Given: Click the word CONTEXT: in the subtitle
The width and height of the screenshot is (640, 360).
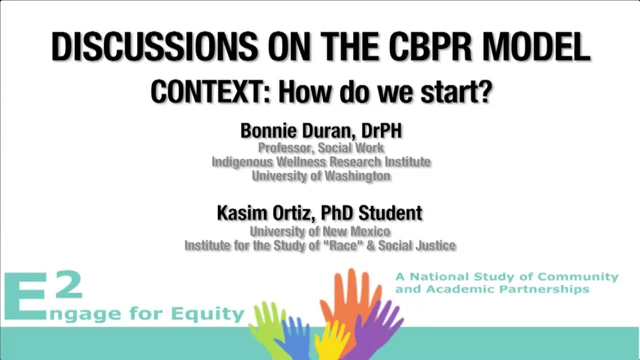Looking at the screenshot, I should [x=210, y=92].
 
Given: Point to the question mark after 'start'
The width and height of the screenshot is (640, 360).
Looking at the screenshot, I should [x=484, y=92].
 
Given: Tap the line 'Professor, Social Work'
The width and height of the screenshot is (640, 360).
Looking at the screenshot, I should [x=321, y=148].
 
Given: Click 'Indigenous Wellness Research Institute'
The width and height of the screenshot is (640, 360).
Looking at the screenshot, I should [x=321, y=162].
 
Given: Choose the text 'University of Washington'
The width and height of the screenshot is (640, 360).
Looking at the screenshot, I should [x=321, y=176].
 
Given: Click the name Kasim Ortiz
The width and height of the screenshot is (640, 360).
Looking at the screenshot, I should [x=265, y=213].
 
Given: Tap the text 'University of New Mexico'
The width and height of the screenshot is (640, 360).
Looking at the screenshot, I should [x=320, y=231].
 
